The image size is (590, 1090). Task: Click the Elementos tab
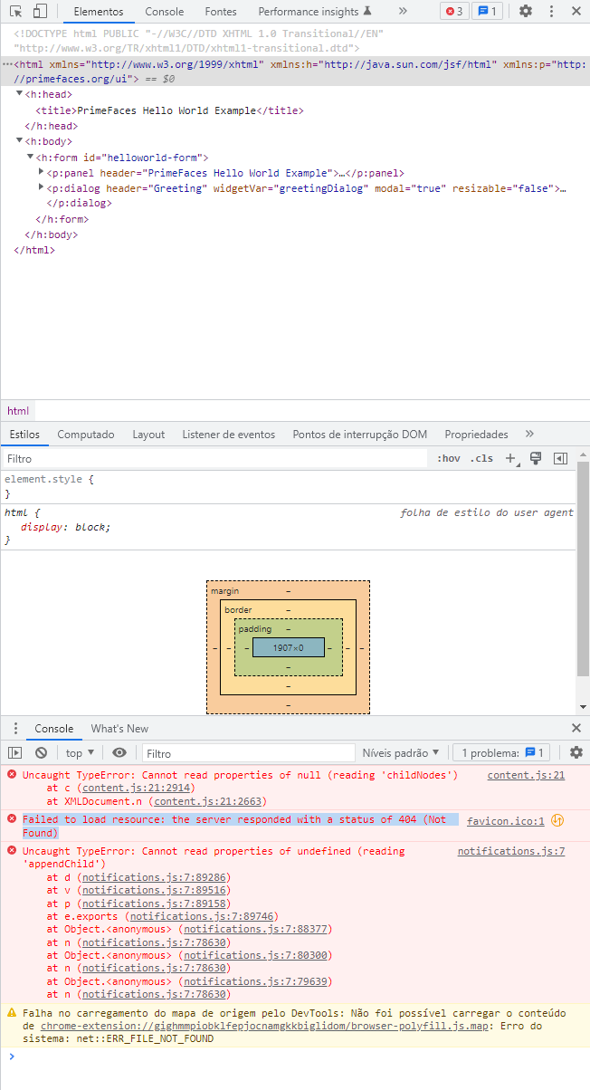(x=99, y=12)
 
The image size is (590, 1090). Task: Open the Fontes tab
(x=220, y=12)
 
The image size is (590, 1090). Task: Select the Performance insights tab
(x=314, y=12)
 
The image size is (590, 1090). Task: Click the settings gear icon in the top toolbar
(x=526, y=11)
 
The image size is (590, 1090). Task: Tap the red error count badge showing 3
(x=454, y=11)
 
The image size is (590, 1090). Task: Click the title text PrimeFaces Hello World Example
(x=167, y=111)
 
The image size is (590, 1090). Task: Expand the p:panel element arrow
(x=42, y=172)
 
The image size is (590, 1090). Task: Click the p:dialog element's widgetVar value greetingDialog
(x=321, y=189)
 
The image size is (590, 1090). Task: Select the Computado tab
(x=86, y=435)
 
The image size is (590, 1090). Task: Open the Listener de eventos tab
(x=229, y=435)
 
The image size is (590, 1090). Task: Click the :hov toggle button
(x=449, y=458)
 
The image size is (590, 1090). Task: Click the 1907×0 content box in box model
(x=289, y=647)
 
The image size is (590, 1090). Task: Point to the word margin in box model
(x=224, y=591)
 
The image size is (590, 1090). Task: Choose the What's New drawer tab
(x=119, y=729)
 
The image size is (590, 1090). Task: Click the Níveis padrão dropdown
(x=400, y=753)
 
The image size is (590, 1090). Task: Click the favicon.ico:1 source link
(x=505, y=821)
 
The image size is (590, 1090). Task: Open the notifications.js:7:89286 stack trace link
(x=154, y=877)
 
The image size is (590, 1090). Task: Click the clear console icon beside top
(x=42, y=753)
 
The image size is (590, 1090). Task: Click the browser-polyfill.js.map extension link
(x=264, y=1026)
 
